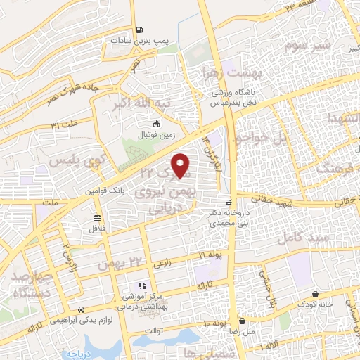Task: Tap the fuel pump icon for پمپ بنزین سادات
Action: (x=140, y=30)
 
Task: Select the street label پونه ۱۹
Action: (x=211, y=253)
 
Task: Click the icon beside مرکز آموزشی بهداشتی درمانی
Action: (x=141, y=285)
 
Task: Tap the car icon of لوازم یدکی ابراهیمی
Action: (x=82, y=309)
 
